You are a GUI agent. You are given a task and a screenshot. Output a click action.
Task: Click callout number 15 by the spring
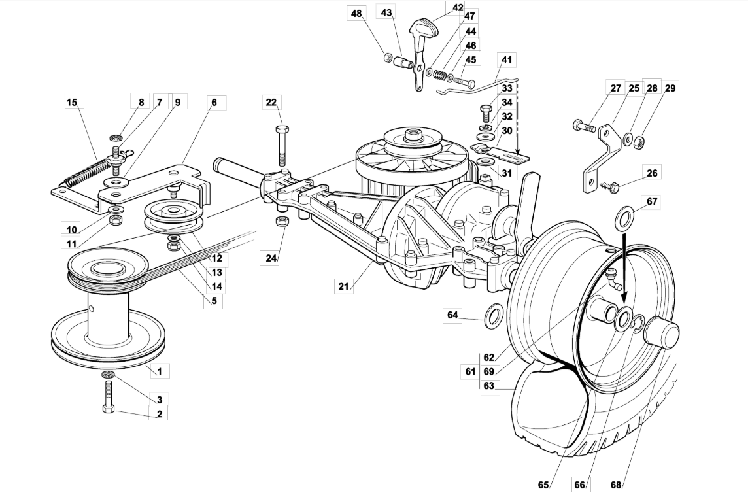tap(71, 102)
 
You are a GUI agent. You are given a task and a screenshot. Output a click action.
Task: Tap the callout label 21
tap(344, 286)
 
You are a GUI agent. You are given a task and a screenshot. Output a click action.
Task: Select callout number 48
tap(356, 13)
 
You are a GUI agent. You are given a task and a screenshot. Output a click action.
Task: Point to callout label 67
tap(652, 201)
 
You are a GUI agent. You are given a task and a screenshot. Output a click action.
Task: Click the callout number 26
tap(652, 173)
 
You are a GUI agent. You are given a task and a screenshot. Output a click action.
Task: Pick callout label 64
tap(452, 315)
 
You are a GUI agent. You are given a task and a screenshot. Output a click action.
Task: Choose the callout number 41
tap(506, 59)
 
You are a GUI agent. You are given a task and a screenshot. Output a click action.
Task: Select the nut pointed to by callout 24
tap(281, 222)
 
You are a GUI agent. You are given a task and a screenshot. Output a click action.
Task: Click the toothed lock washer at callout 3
tap(109, 374)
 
